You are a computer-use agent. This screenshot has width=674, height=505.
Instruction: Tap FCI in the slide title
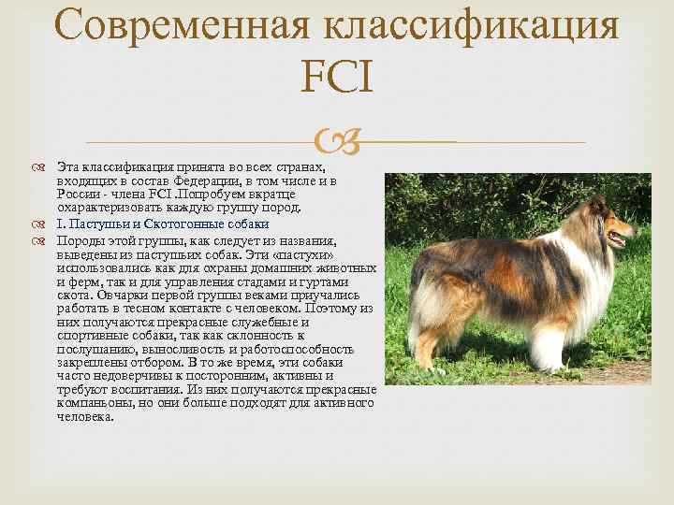coord(337,78)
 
